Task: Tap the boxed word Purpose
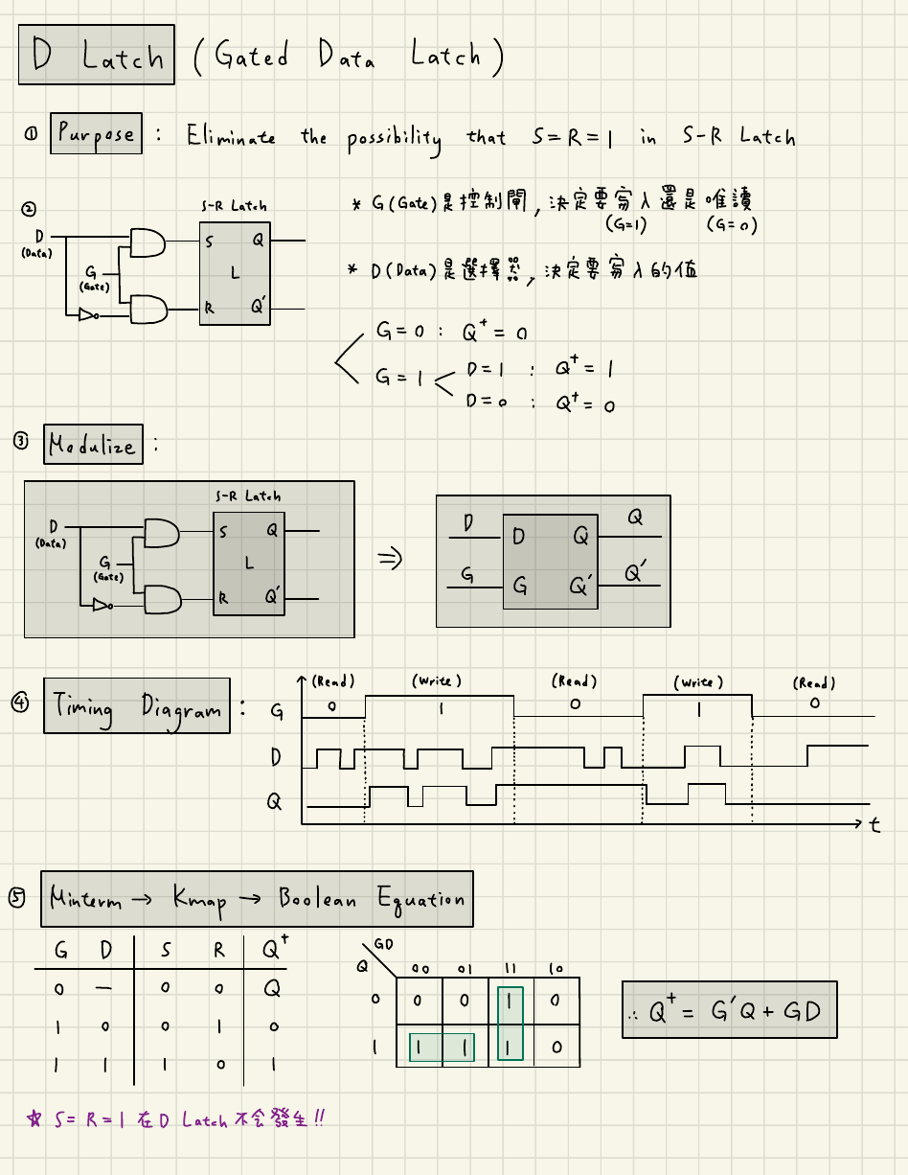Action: pos(96,133)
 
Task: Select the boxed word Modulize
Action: pos(93,445)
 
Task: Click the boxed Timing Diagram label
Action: pos(137,706)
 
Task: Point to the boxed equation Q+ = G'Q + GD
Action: pos(729,1009)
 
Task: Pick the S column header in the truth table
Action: pos(166,951)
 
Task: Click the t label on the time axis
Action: pos(874,825)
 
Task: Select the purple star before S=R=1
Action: pos(35,1119)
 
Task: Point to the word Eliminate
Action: pos(231,136)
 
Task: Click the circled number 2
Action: pos(29,208)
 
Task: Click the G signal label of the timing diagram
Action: pos(278,712)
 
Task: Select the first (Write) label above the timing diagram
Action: pos(437,680)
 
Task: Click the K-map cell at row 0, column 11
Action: pos(511,1000)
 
